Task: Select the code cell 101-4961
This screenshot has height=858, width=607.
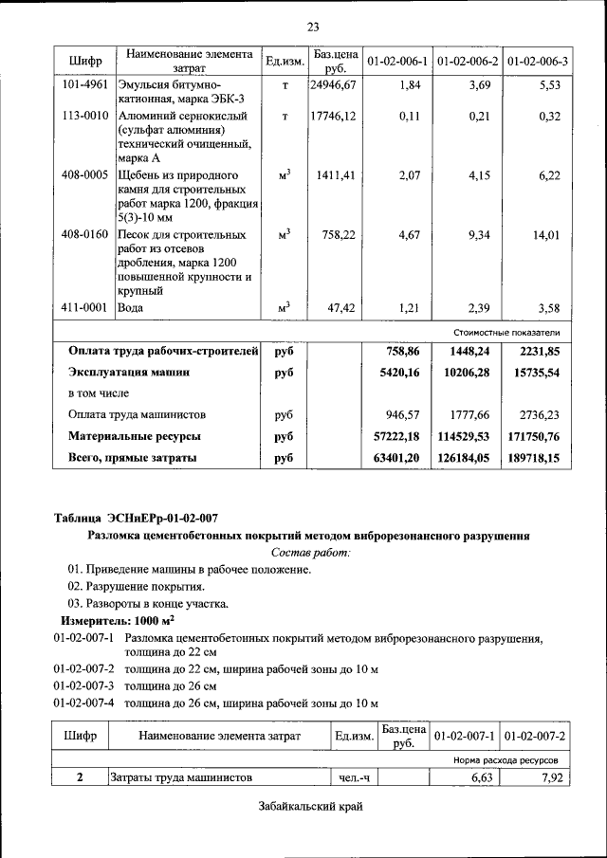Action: click(x=84, y=85)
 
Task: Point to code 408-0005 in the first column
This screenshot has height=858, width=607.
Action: click(x=84, y=175)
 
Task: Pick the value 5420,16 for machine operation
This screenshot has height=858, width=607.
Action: click(x=399, y=373)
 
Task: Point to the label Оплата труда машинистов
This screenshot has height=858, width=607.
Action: click(x=137, y=415)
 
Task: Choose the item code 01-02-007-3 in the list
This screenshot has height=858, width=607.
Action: click(x=83, y=685)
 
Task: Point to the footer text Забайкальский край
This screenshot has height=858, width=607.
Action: click(x=310, y=807)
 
